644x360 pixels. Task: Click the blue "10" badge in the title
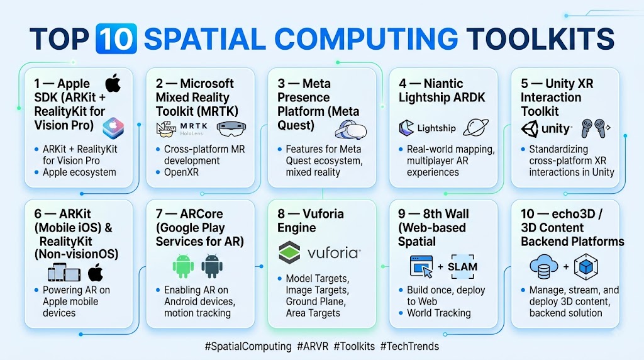pos(116,38)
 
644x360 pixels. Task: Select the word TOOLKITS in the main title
pos(540,39)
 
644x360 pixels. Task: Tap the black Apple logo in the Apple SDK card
pos(113,84)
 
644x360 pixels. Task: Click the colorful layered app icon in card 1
pos(113,128)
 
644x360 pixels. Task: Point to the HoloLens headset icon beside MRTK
pos(231,129)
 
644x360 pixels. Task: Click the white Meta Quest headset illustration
pos(350,130)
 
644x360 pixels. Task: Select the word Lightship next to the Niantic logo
pos(436,128)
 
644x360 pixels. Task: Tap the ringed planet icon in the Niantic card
pos(475,127)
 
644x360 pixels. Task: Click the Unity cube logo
pos(530,129)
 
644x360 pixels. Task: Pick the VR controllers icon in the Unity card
pos(595,128)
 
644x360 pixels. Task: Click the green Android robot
pos(183,266)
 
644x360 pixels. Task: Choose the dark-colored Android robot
pos(212,266)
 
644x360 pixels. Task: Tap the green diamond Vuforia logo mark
pos(289,252)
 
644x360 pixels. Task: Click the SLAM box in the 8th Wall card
pos(462,267)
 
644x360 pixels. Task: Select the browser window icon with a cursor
pos(421,266)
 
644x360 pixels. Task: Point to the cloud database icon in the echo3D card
pos(544,266)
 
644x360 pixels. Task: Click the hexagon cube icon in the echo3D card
pos(586,267)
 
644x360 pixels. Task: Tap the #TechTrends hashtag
pos(409,346)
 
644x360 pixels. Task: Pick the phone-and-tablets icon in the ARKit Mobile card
pos(64,273)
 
